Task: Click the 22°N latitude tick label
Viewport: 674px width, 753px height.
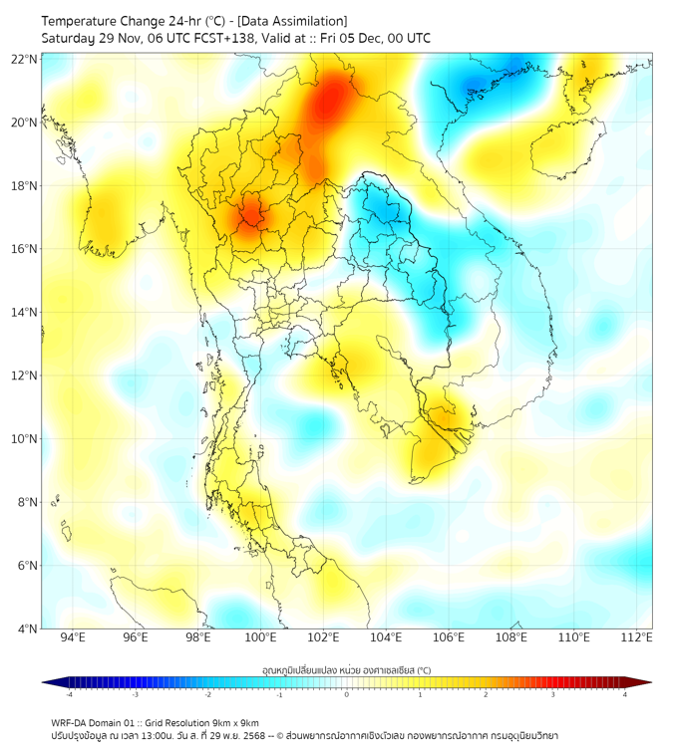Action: [25, 60]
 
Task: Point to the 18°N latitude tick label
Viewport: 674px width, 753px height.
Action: [25, 186]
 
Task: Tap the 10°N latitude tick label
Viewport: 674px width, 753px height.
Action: [25, 439]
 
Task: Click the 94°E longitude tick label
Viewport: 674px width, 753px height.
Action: [73, 637]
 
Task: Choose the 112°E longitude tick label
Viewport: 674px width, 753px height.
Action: [637, 637]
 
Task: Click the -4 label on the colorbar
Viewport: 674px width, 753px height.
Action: [69, 694]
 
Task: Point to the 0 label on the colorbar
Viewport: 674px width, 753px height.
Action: [347, 694]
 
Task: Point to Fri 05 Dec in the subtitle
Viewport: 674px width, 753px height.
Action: [354, 38]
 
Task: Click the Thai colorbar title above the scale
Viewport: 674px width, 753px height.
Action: [346, 669]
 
